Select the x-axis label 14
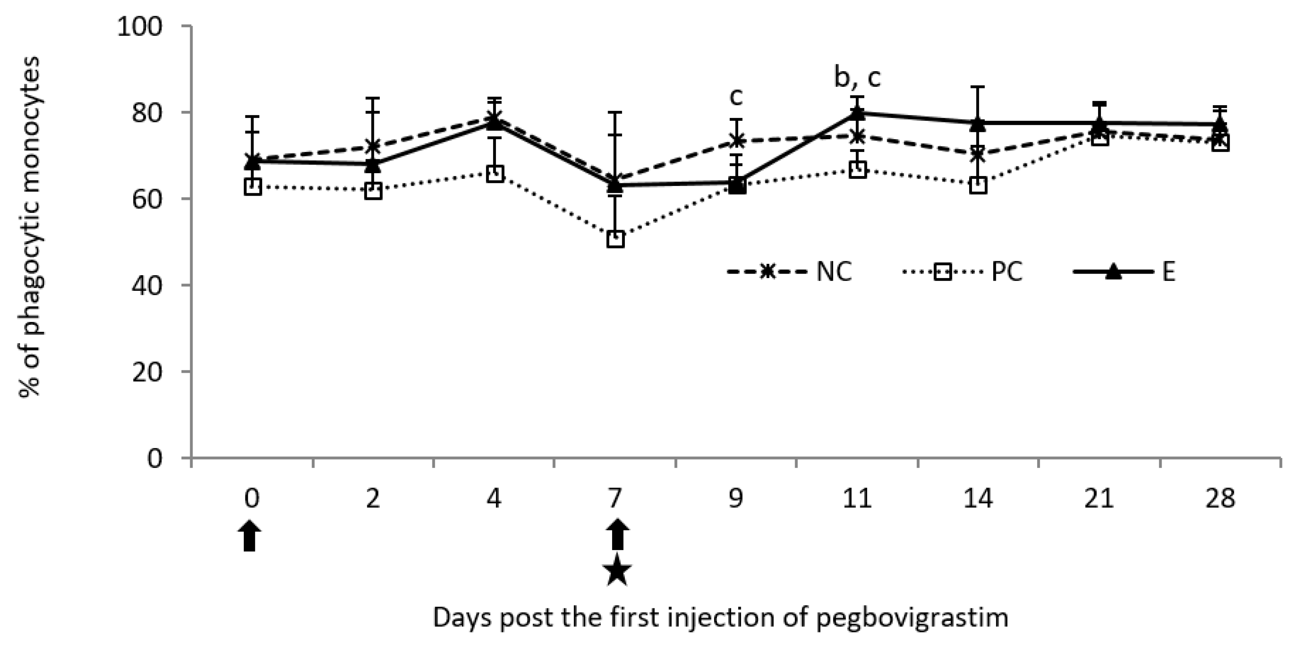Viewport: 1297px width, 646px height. tap(978, 499)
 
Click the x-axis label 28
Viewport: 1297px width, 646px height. tap(1221, 499)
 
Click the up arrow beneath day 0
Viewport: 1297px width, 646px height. tap(250, 536)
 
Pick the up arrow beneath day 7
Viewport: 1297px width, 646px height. tap(617, 535)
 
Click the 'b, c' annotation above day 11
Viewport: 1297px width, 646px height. tap(857, 78)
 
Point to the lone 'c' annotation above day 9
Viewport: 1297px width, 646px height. tap(736, 98)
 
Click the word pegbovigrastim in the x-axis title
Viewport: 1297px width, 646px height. tap(912, 617)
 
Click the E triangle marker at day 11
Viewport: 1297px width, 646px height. tap(857, 113)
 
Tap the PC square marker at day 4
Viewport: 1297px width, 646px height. tap(495, 174)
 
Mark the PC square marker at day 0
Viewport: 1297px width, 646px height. tap(252, 187)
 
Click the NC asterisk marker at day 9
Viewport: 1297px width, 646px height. tap(737, 140)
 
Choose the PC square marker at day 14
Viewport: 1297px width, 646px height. tap(978, 185)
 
